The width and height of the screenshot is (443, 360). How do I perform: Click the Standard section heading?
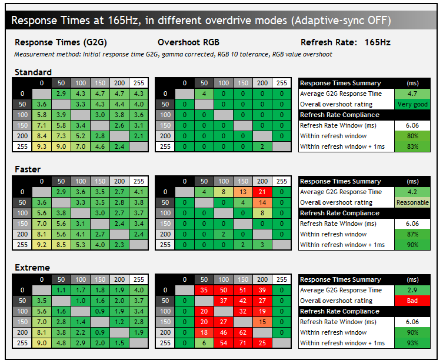[33, 72]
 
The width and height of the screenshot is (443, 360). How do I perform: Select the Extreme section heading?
[32, 267]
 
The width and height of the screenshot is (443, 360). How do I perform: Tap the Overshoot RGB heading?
[188, 42]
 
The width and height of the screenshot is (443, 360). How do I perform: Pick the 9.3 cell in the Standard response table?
[42, 146]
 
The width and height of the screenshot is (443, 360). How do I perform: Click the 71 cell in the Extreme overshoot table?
[243, 343]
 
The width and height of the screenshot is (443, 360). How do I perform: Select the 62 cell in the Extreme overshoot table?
[243, 332]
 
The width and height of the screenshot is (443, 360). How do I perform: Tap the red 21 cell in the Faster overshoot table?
[262, 192]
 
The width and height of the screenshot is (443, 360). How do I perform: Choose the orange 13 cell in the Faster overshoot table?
[243, 192]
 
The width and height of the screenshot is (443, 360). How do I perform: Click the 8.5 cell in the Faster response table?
[61, 245]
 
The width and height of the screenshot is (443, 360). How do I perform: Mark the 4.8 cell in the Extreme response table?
[61, 343]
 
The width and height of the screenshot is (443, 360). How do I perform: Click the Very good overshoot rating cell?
[412, 104]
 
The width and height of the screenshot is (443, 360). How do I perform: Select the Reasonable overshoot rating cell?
[412, 202]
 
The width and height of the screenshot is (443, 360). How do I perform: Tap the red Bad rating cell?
[412, 301]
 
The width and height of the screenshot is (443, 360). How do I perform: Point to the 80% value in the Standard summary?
[412, 136]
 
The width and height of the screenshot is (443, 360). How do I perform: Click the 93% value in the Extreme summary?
[412, 343]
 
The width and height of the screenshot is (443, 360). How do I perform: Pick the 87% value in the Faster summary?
[412, 234]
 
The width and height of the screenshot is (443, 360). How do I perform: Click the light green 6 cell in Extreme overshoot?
[204, 343]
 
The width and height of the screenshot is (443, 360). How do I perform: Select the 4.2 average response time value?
[412, 192]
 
